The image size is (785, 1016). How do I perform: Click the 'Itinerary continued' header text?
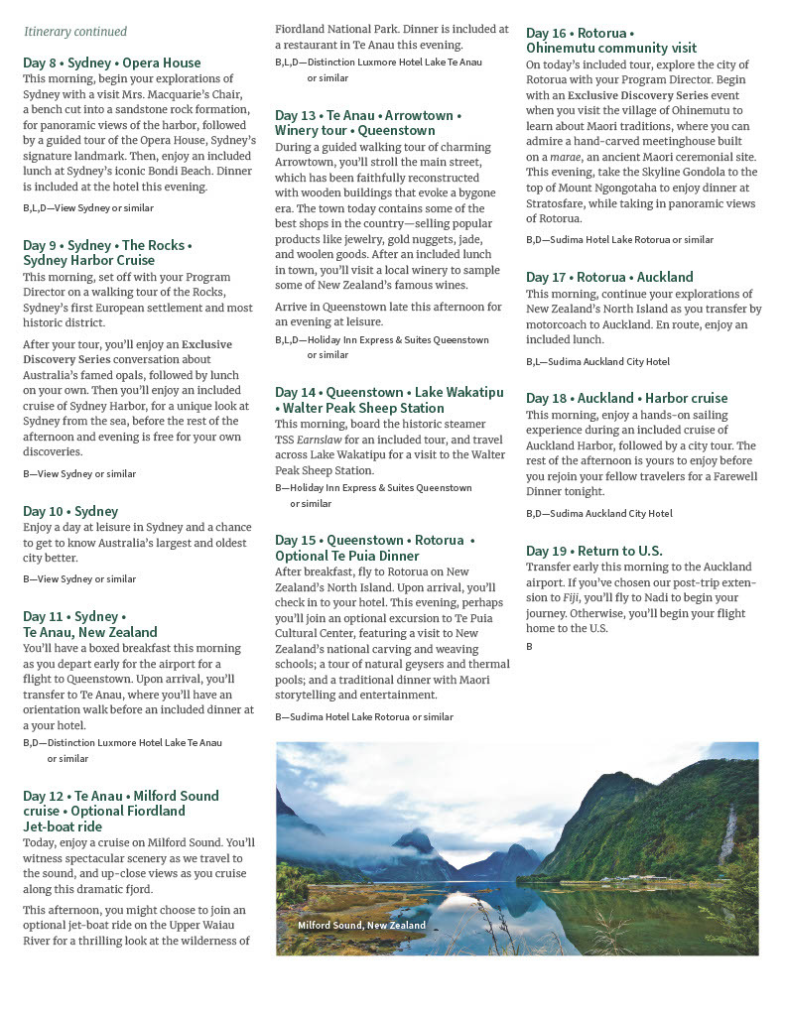coord(75,32)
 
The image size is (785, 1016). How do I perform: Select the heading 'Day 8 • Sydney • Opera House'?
coord(112,63)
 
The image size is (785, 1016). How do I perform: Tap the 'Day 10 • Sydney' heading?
coord(70,511)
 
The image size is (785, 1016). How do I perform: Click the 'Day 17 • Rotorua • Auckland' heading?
coord(609,277)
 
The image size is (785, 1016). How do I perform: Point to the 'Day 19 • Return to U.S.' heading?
coord(594,551)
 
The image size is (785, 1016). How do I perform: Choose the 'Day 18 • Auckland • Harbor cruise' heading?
coord(627,398)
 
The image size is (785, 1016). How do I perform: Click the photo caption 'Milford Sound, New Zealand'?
coord(362,925)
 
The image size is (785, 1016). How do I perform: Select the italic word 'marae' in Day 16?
coord(569,157)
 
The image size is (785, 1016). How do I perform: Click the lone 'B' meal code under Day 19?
coord(529,646)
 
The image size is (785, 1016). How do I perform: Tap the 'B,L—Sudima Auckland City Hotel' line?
coord(597,361)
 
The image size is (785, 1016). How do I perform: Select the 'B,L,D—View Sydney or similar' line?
coord(88,207)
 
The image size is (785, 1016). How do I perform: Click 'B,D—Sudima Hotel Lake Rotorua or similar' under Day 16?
coord(619,239)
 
